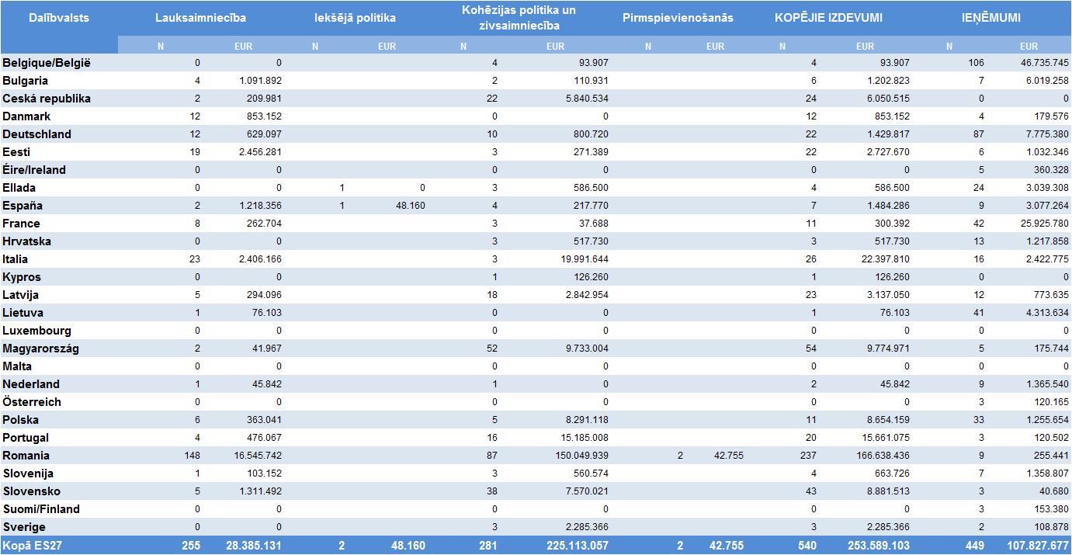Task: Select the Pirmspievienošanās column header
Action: click(x=678, y=18)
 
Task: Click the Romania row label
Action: click(x=26, y=456)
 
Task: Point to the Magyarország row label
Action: click(x=40, y=349)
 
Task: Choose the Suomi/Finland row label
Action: click(x=41, y=509)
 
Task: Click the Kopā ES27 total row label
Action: click(x=32, y=546)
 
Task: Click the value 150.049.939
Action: click(x=578, y=456)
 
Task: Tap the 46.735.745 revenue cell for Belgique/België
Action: click(x=1041, y=63)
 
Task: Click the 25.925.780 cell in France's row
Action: click(x=1041, y=224)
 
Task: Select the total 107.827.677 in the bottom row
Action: click(x=1038, y=546)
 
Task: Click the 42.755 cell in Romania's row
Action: click(x=728, y=456)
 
